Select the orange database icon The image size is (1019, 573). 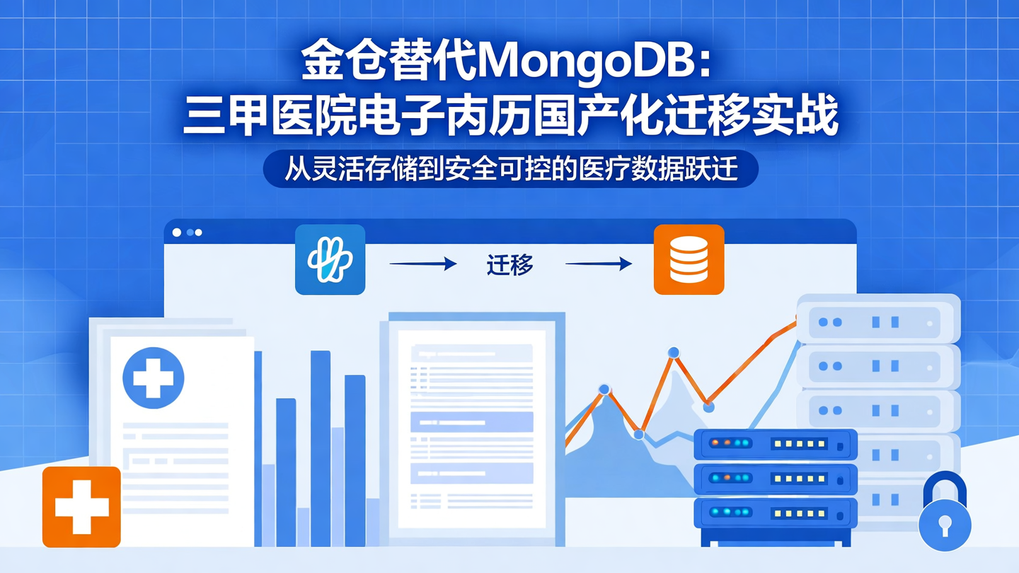coord(689,260)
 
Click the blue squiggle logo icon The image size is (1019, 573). coord(330,260)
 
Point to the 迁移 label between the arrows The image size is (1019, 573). coord(509,265)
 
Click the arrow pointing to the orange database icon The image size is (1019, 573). coord(599,264)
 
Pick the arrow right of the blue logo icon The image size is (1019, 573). coord(423,264)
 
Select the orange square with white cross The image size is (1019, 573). coord(81,507)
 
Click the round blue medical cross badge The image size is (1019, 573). coord(154,378)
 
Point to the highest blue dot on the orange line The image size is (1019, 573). coord(674,352)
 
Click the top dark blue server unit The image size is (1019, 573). coord(776,444)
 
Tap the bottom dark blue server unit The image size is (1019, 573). coord(776,512)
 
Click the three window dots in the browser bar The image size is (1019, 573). coord(188,232)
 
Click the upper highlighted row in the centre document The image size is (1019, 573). coord(471,422)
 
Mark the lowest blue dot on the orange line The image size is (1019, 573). coord(639,434)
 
